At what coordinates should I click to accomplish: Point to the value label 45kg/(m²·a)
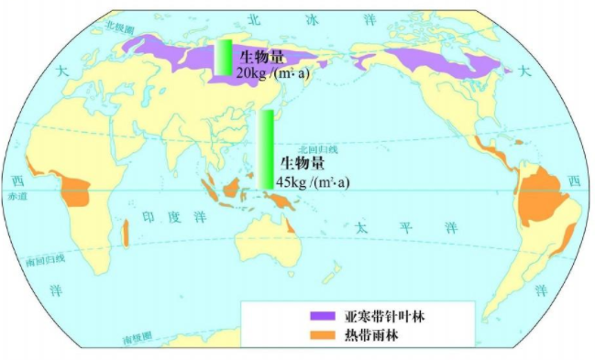(x=313, y=182)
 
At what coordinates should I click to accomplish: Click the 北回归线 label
(x=318, y=148)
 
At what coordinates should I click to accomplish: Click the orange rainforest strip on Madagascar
(x=125, y=233)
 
